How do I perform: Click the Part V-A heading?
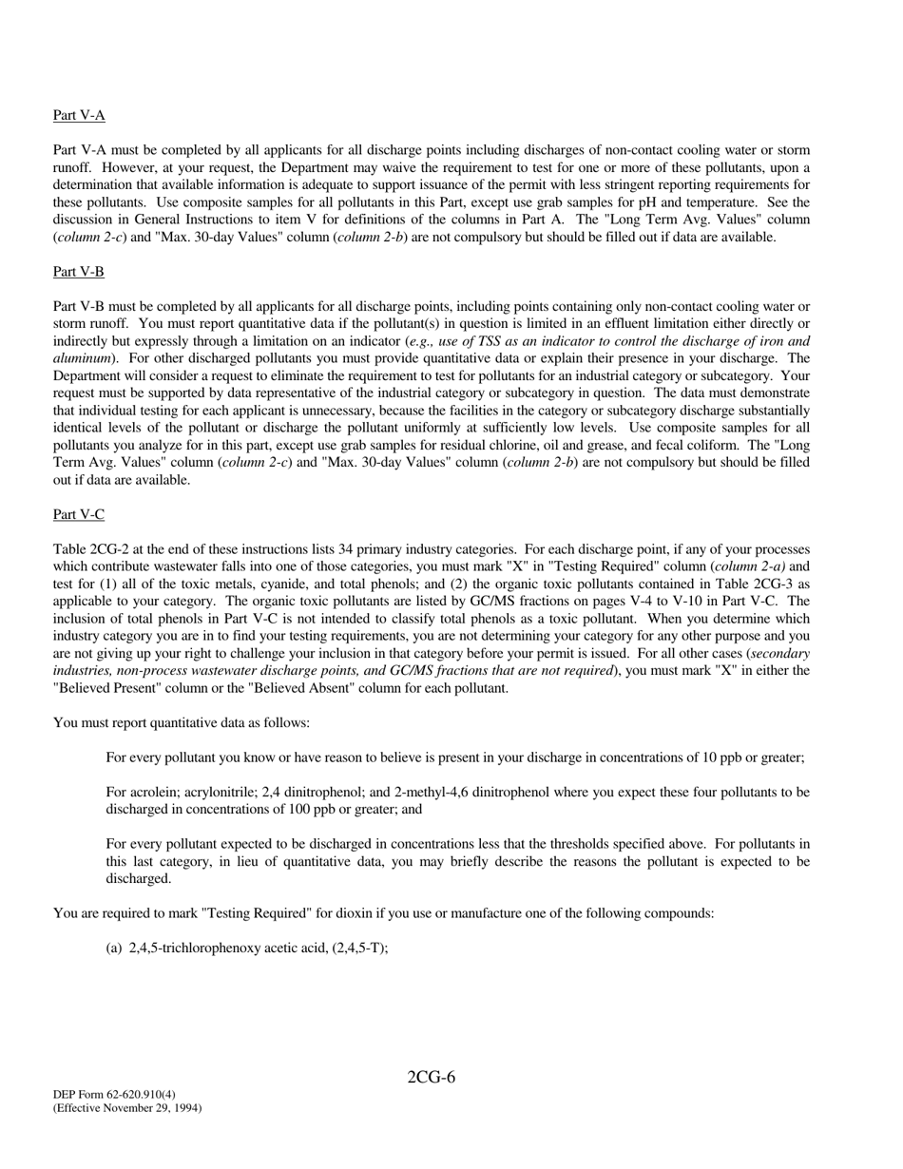[79, 115]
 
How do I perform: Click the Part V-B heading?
[79, 272]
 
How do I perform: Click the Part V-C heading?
[79, 514]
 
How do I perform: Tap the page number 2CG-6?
[431, 1077]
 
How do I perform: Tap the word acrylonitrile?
[219, 792]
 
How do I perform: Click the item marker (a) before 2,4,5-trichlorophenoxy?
[114, 948]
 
